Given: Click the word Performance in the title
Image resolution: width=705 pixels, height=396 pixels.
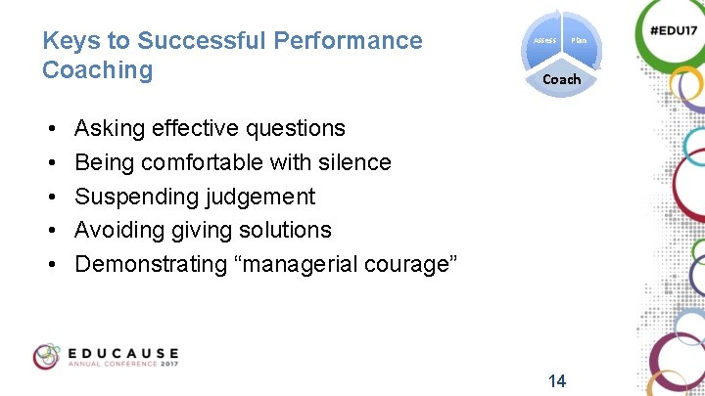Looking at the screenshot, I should pos(349,41).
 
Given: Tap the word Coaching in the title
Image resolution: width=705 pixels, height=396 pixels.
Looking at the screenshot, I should pos(98,70).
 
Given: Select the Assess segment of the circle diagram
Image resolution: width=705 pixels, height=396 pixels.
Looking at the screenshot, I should pos(545,40).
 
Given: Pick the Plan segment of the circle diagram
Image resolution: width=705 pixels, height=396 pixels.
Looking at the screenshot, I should pos(579,40).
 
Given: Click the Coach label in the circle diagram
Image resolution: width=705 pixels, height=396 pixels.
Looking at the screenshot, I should pos(562,79).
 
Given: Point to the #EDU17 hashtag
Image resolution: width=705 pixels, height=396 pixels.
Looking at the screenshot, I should pos(672,30).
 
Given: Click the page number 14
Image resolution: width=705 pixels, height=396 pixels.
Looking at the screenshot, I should pos(556,380).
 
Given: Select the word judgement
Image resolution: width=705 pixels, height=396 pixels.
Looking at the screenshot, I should pos(259,197).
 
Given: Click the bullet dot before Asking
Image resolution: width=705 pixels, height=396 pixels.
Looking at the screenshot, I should pos(49,129).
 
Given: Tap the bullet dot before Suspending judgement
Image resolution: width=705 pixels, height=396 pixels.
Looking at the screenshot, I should pos(49,198).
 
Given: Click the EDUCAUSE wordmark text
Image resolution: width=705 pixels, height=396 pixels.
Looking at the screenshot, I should pos(123,352).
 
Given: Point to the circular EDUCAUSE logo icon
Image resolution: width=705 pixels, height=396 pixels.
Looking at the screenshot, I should pos(47,357).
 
